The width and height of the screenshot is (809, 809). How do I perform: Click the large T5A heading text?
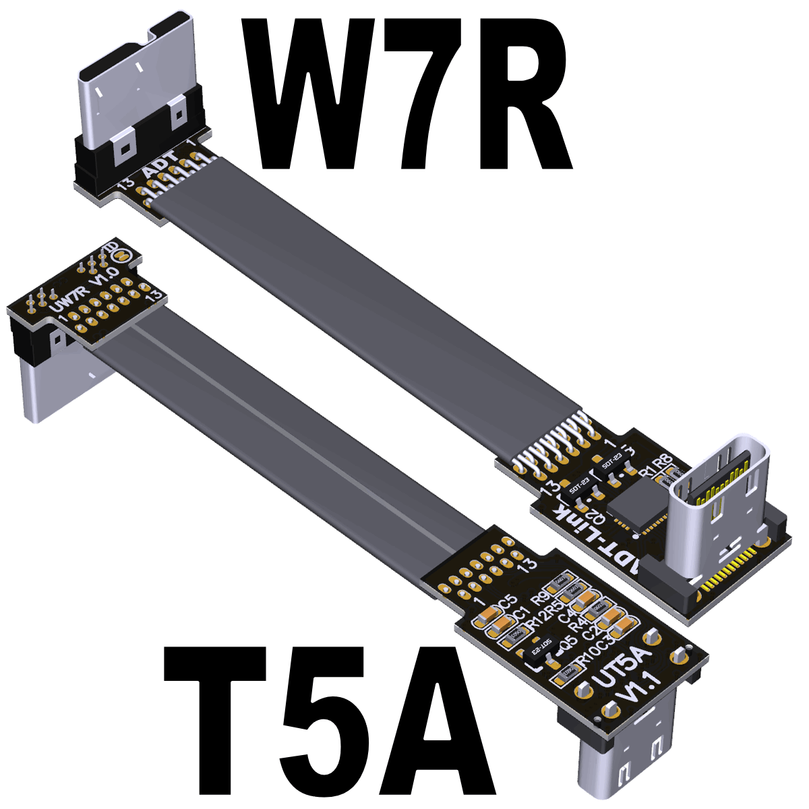330,721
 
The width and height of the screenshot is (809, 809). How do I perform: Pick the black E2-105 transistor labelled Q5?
540,653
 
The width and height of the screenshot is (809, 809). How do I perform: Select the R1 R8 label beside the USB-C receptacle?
657,465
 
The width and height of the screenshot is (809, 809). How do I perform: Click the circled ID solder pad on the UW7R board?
121,256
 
